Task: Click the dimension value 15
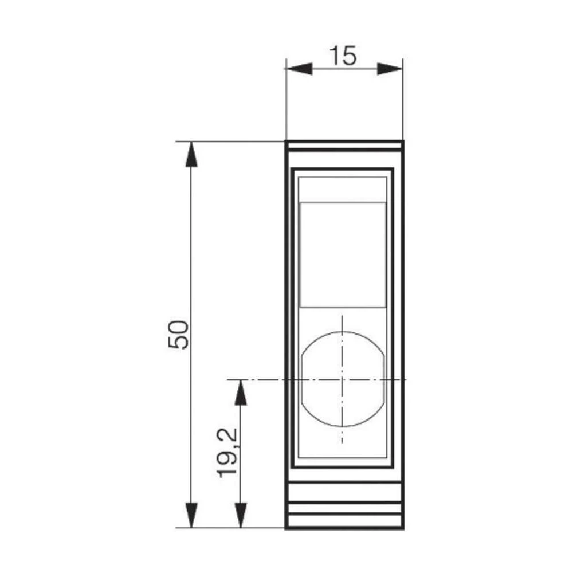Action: click(343, 56)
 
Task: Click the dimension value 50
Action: click(178, 335)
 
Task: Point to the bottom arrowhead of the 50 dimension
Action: click(191, 515)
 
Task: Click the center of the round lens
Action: click(342, 379)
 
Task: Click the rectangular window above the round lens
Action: click(343, 254)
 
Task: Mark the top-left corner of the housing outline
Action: click(286, 141)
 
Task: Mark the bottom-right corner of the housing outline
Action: click(403, 528)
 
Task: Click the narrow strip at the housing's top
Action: click(344, 146)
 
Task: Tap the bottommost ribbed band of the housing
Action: click(344, 521)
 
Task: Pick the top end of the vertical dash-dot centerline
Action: click(342, 315)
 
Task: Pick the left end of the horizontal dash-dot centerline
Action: click(228, 379)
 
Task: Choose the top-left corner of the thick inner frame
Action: click(292, 169)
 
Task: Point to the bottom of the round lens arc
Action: click(342, 427)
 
